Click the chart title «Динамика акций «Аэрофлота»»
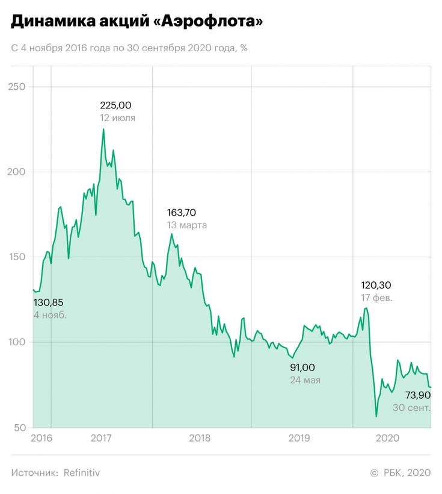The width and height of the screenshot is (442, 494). [x=137, y=22]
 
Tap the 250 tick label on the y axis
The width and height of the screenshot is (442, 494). [x=18, y=87]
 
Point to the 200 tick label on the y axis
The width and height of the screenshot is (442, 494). [x=18, y=172]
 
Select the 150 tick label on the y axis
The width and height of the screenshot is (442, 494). [x=18, y=257]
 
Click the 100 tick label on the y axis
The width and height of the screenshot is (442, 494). [x=18, y=342]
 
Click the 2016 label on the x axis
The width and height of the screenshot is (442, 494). [x=41, y=438]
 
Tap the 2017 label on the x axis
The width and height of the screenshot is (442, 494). [x=102, y=438]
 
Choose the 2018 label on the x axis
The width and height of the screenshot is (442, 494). [x=200, y=438]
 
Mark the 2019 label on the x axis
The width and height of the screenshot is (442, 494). [x=299, y=438]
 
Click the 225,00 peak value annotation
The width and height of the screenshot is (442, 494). [x=115, y=105]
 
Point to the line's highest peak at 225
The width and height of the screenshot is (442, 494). [x=103, y=129]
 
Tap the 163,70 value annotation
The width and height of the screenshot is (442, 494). [x=182, y=213]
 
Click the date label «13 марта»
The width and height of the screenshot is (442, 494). [x=187, y=225]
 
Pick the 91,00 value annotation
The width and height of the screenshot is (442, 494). [x=302, y=367]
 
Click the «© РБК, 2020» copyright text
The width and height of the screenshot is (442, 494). [x=401, y=473]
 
